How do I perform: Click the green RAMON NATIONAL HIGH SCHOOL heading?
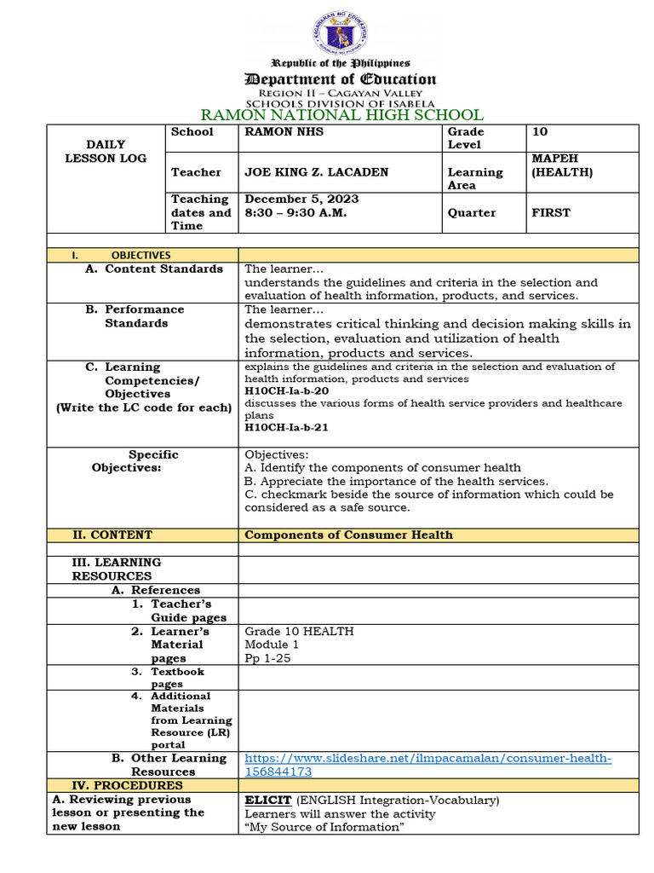coord(341,115)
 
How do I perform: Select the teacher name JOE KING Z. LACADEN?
coord(316,172)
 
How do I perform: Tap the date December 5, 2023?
coord(301,199)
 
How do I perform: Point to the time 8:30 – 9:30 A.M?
coord(295,213)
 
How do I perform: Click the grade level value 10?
coord(540,132)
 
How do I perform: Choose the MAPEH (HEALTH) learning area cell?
coord(562,165)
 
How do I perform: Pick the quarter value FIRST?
coord(551,213)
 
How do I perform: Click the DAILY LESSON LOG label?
coord(106,152)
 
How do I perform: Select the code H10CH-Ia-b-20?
coord(286,390)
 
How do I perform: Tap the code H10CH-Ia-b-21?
coord(286,427)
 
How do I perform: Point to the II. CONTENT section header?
coord(112,535)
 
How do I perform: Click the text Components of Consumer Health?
coord(348,535)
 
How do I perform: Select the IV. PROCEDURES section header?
coord(128,785)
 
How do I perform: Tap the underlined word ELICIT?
coord(268,800)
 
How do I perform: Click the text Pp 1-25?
coord(269,658)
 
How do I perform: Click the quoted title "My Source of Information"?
coord(323,827)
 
